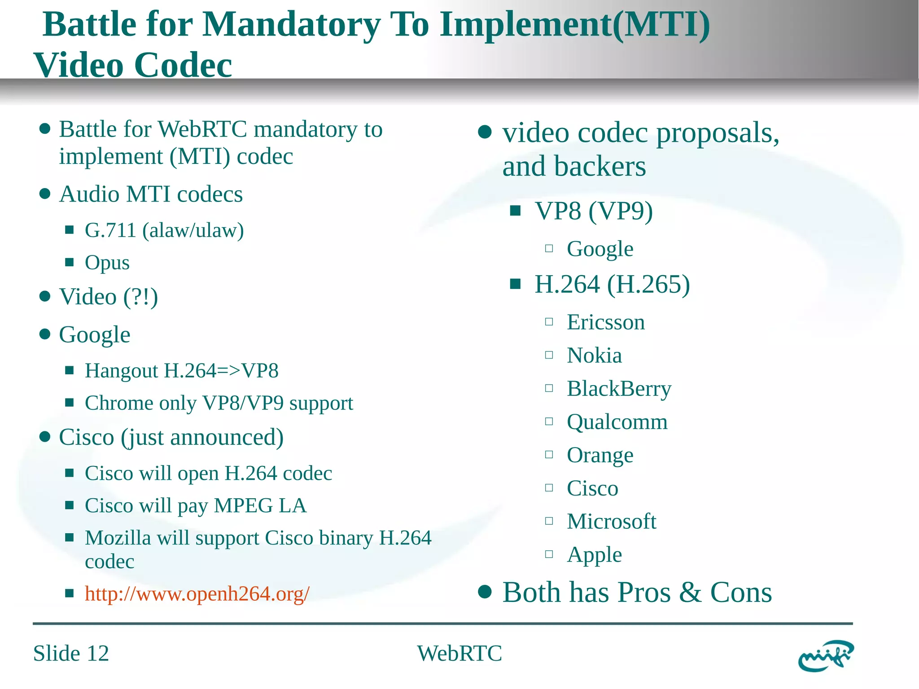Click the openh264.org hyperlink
click(x=197, y=594)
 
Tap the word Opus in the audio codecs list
click(x=107, y=263)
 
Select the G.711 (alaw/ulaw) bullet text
click(x=164, y=230)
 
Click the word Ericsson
click(x=606, y=322)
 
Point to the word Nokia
click(x=594, y=355)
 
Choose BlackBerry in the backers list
click(x=619, y=389)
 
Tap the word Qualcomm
click(x=617, y=422)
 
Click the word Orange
click(x=600, y=455)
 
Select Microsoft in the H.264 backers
click(x=611, y=522)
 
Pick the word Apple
click(x=594, y=555)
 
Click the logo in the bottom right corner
click(x=826, y=655)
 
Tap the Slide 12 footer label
click(x=71, y=653)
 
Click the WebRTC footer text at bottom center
click(x=459, y=653)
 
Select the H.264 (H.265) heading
click(x=612, y=284)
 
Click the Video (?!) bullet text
click(x=109, y=297)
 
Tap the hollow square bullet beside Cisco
click(x=549, y=488)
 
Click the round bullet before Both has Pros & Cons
click(x=485, y=592)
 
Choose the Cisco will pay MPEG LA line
click(x=196, y=505)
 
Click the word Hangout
click(x=122, y=371)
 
